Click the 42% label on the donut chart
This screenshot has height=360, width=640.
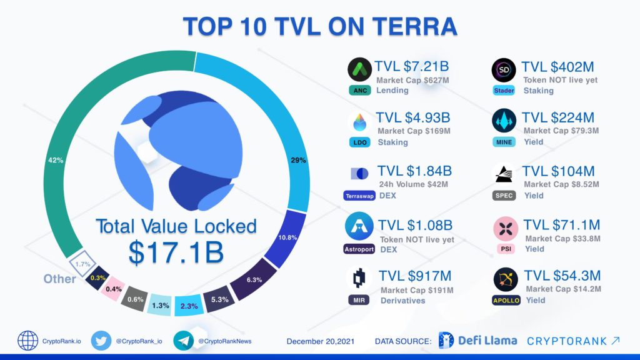(x=55, y=161)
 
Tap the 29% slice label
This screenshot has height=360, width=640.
(x=298, y=161)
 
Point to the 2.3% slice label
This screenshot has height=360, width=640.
(x=188, y=305)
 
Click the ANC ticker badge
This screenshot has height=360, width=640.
(x=359, y=91)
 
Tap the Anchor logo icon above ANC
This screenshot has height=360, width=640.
(x=359, y=69)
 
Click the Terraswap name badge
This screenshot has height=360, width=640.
(x=359, y=196)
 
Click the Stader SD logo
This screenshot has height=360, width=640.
(x=504, y=69)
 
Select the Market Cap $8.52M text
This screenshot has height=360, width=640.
(x=561, y=184)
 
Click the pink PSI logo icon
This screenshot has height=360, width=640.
(x=504, y=229)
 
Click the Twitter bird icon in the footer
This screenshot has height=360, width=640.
(x=101, y=341)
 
